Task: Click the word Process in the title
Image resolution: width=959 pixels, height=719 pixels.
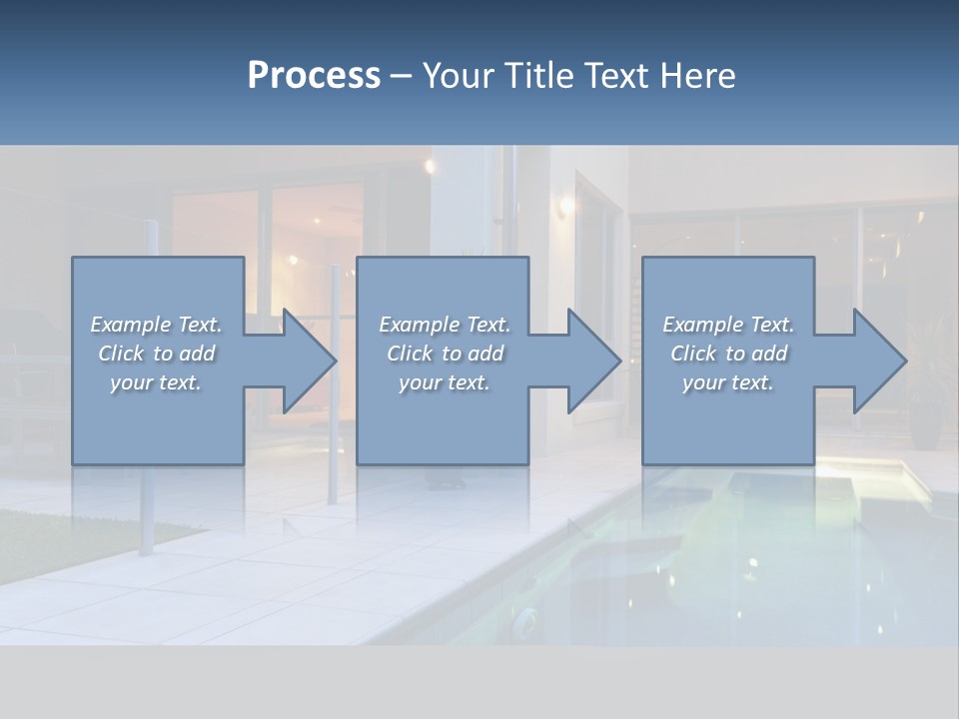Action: click(314, 76)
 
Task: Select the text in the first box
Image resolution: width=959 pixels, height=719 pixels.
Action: click(156, 354)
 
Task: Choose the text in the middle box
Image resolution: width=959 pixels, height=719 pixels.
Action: click(444, 354)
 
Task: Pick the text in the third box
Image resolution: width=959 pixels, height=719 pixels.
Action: click(727, 354)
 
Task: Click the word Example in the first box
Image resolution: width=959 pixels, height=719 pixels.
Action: click(131, 325)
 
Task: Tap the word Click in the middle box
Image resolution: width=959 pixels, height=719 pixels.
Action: click(409, 354)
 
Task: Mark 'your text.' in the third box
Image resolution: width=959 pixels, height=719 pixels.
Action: click(727, 382)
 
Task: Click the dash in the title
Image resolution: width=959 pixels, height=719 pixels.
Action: click(402, 76)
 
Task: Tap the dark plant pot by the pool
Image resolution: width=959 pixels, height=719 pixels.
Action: click(924, 424)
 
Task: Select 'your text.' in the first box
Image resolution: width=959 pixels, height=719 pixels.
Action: click(156, 382)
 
